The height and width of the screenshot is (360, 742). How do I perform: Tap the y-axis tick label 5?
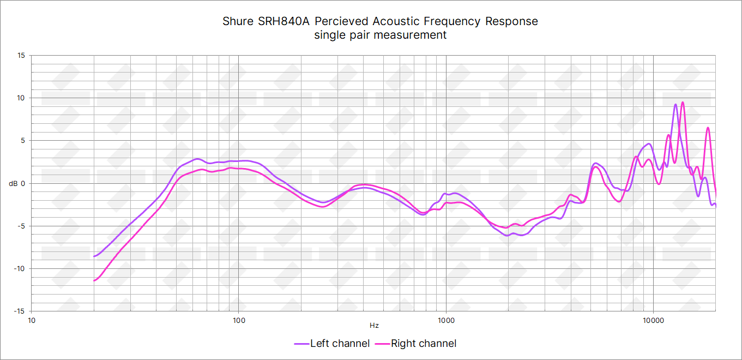[23, 140]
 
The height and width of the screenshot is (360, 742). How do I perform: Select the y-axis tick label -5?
[21, 226]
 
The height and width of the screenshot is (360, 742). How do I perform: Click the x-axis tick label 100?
[239, 320]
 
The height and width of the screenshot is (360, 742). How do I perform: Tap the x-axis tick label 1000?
[446, 320]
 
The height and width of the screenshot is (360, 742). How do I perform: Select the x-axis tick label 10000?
[653, 320]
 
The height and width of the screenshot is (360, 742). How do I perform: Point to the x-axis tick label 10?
[32, 320]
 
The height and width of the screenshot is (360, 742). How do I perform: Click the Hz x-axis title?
[374, 326]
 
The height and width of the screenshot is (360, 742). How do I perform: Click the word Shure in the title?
[238, 22]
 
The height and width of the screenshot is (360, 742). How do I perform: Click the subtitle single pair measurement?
[380, 35]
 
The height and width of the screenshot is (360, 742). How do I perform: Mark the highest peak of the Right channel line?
[683, 102]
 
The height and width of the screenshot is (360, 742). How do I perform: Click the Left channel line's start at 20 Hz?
[94, 256]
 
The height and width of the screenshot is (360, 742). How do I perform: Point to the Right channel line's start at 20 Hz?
[94, 281]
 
